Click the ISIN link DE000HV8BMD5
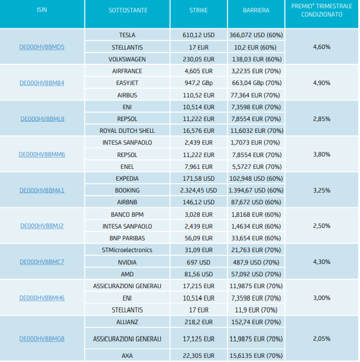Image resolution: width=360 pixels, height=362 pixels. [42, 47]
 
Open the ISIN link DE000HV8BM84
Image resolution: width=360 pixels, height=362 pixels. [42, 83]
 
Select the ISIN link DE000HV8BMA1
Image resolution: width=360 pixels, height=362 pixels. [42, 190]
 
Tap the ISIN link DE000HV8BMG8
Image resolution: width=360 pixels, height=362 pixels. [42, 339]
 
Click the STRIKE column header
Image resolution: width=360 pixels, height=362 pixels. [199, 10]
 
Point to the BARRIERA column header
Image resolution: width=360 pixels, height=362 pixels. [256, 10]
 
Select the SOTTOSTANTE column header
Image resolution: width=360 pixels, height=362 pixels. [128, 10]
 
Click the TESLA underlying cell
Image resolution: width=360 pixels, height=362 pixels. [127, 35]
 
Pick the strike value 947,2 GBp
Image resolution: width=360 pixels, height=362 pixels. [199, 83]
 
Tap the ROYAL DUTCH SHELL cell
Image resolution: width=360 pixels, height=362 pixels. [127, 131]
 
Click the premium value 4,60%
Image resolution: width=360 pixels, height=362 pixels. [322, 47]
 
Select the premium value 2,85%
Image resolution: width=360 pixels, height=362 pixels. [322, 119]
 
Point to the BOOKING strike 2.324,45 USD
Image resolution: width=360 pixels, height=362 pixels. [199, 190]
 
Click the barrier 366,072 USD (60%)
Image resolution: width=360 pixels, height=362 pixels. [256, 35]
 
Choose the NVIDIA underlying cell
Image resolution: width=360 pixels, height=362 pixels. [127, 262]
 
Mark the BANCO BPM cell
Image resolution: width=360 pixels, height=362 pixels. [127, 214]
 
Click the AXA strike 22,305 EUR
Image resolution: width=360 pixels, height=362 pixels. [199, 356]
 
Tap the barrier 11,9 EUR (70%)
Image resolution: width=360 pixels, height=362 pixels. [256, 310]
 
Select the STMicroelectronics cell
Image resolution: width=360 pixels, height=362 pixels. [127, 250]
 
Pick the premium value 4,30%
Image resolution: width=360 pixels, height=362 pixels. [322, 262]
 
